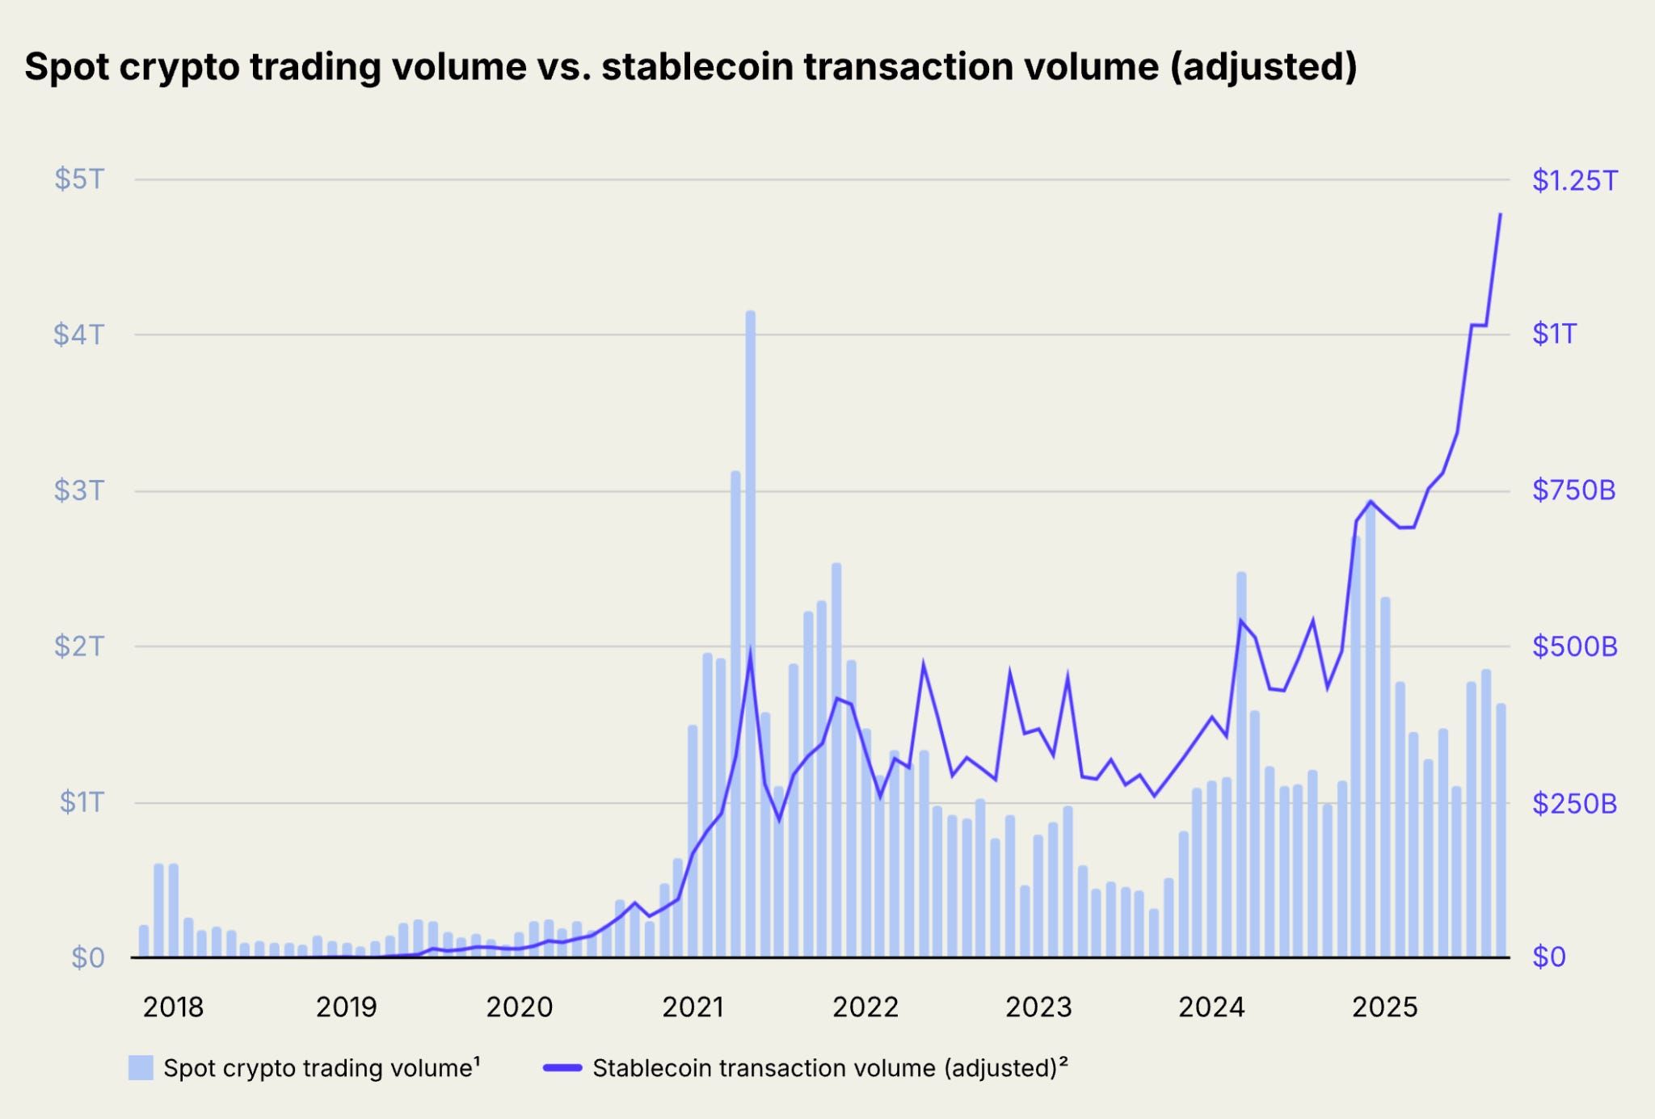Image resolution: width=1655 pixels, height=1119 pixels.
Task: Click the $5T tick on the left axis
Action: (79, 179)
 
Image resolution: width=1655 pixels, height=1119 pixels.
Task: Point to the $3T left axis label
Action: (79, 490)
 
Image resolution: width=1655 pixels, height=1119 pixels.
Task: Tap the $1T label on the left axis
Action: (82, 801)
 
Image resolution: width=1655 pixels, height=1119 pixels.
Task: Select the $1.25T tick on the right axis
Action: (1575, 180)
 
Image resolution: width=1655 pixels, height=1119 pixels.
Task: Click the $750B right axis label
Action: (1573, 490)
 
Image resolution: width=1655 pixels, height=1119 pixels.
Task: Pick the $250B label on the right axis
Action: (1574, 803)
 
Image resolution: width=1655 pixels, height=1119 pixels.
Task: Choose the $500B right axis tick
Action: (1574, 646)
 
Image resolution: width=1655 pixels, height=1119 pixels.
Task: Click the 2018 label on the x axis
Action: (173, 1007)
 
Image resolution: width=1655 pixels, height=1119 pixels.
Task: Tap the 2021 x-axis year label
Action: (693, 1007)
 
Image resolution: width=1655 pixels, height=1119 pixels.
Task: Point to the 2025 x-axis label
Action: (1385, 1007)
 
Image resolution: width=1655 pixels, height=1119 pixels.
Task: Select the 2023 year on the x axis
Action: (1038, 1007)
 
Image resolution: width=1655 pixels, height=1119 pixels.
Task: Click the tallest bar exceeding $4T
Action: (750, 634)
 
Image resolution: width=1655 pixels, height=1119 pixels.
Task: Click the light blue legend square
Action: (141, 1067)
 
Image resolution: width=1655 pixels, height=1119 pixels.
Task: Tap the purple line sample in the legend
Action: (562, 1068)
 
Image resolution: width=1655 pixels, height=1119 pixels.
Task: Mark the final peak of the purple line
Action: (1501, 214)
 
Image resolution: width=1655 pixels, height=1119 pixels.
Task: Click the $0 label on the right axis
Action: (1549, 957)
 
